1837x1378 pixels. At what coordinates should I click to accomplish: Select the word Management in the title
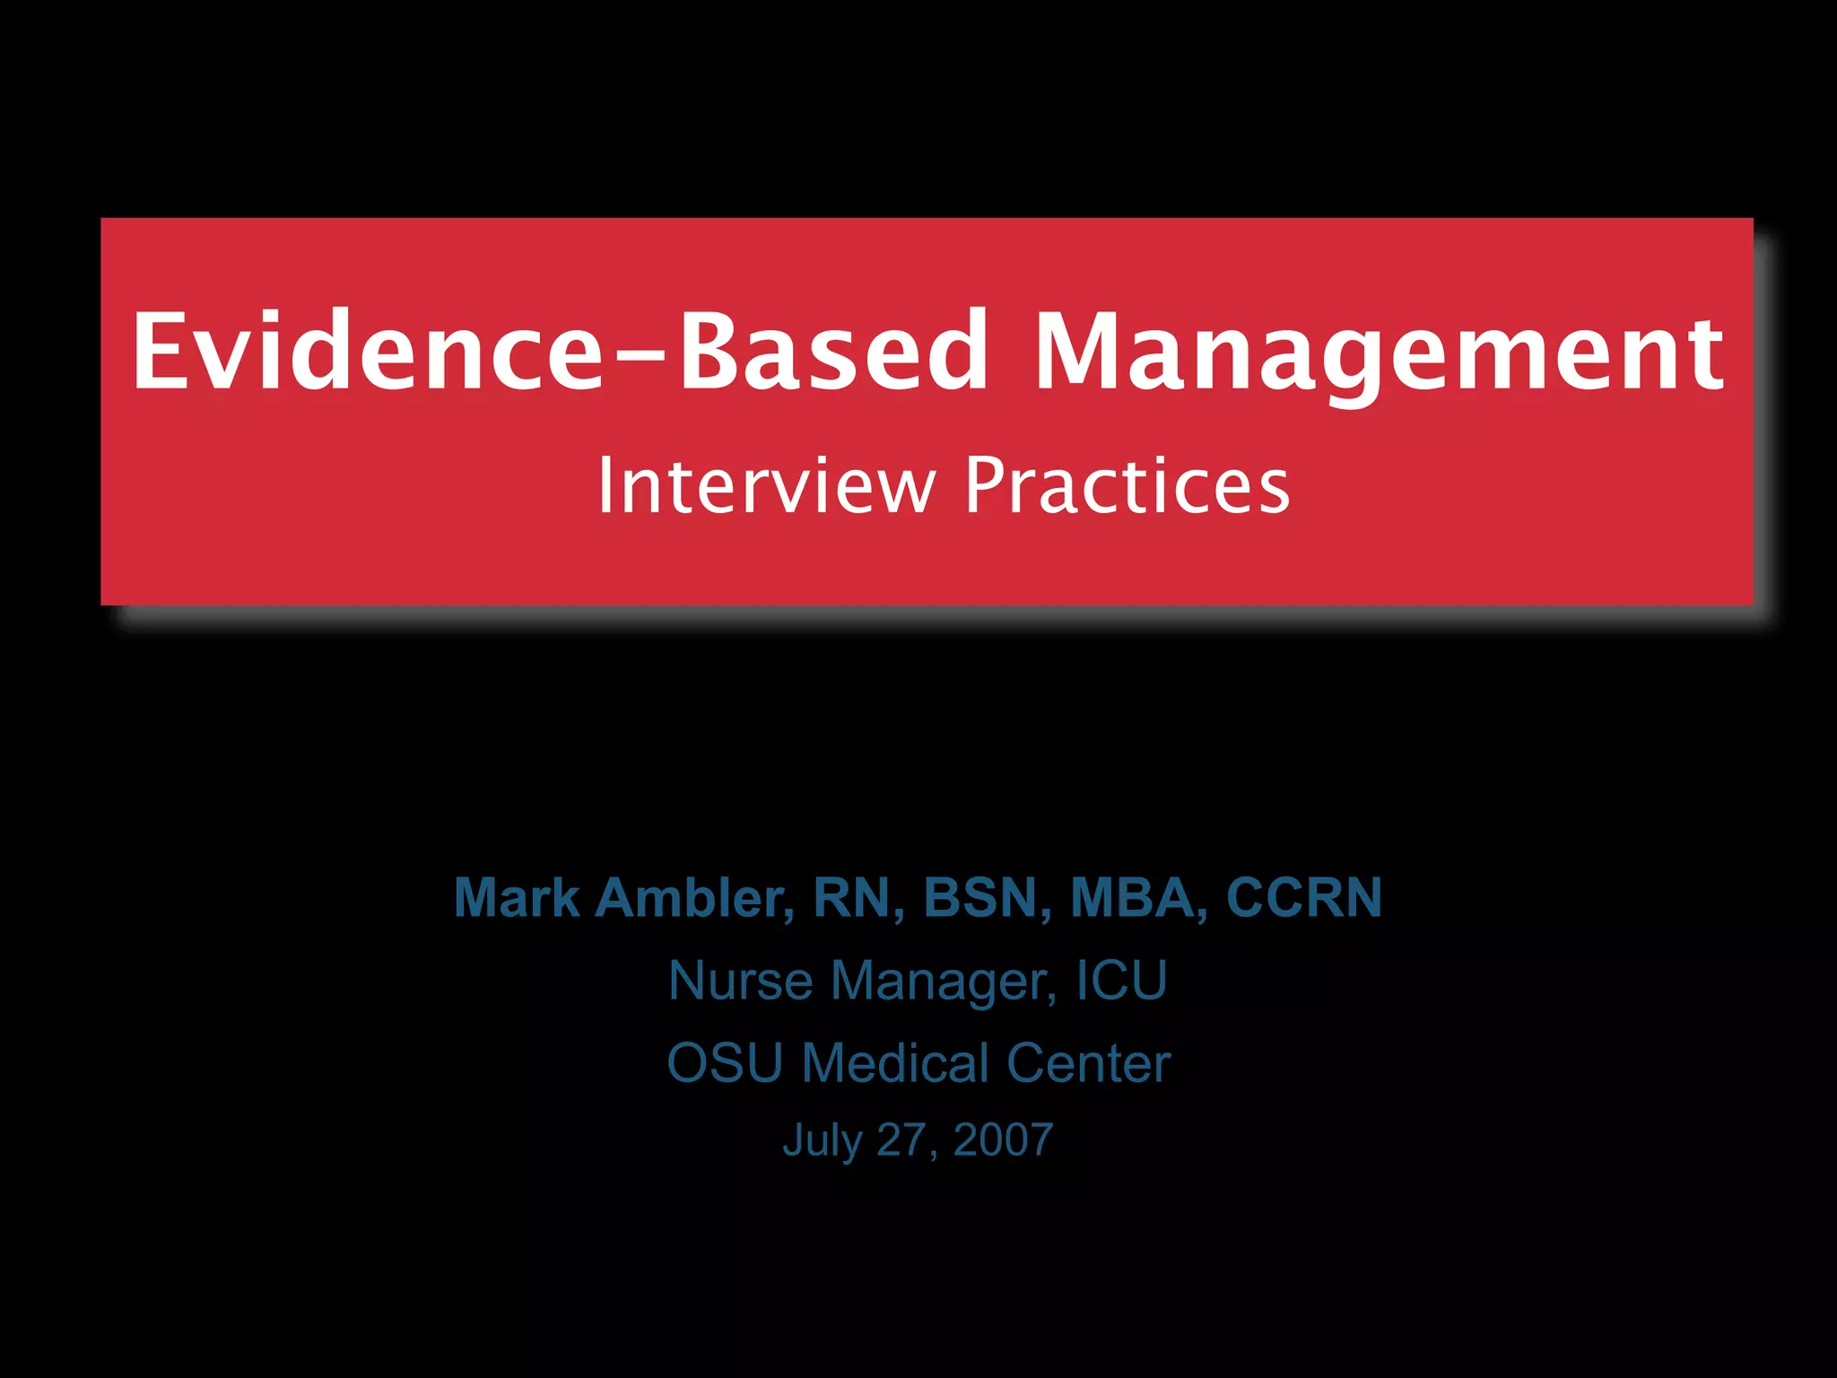coord(1379,352)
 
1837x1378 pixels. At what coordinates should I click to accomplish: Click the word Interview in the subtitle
coord(766,485)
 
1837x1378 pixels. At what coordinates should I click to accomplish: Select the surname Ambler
coord(694,897)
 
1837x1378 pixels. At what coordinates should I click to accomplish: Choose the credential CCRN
coord(1303,897)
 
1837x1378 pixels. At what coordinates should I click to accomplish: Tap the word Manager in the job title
coord(943,981)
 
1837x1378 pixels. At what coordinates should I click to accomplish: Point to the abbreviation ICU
coord(1121,980)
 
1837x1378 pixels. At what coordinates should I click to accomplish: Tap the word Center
coord(1088,1063)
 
